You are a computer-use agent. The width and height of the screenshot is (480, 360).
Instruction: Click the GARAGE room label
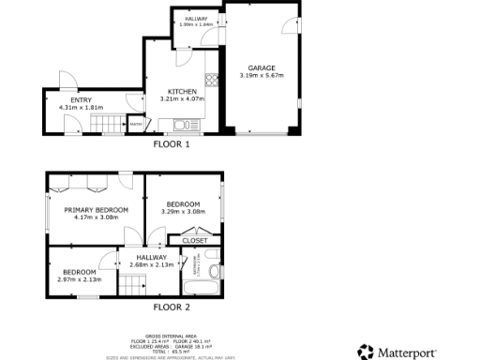coord(261,67)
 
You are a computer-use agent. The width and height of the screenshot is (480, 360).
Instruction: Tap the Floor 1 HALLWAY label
coord(195,19)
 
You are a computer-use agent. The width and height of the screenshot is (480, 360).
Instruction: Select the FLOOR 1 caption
coord(172,145)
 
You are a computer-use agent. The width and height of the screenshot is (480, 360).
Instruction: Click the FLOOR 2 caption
coord(172,307)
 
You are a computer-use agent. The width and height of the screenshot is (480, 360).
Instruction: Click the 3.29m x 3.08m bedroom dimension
coord(184,212)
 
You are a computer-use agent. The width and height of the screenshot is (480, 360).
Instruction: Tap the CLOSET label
coord(194,240)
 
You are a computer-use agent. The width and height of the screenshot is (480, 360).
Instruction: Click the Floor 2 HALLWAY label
coord(151,257)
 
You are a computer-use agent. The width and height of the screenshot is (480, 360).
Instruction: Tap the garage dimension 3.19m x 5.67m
coord(261,75)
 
